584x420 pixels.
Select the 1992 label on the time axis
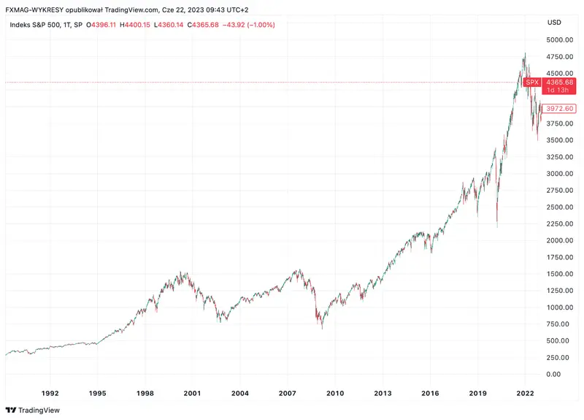50,393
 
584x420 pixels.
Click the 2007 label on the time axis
288,393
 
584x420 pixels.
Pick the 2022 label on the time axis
526,393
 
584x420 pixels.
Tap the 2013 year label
383,393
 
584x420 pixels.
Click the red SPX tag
532,83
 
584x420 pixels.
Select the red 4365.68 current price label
560,82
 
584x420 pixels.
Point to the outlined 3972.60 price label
560,109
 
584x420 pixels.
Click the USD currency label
554,22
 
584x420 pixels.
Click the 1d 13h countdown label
560,91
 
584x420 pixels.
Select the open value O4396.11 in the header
101,25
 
